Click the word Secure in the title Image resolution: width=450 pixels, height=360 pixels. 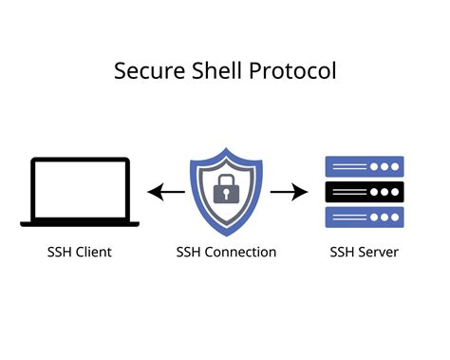point(145,71)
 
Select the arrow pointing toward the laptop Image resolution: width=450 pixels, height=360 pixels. point(166,193)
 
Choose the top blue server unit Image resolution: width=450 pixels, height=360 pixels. point(365,166)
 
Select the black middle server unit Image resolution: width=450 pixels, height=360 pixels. point(365,192)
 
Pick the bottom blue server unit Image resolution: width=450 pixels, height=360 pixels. point(365,217)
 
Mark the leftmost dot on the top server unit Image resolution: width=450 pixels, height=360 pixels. point(373,166)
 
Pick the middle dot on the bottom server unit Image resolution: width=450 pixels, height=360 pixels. point(384,217)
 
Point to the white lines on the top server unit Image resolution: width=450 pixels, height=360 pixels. point(346,166)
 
